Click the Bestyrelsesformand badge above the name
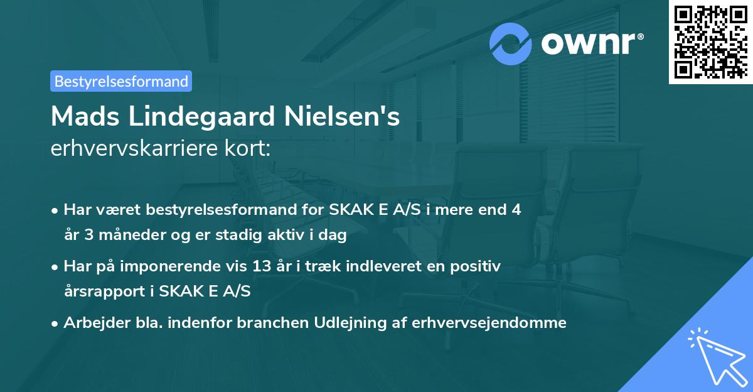(x=121, y=81)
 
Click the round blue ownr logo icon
(x=511, y=43)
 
